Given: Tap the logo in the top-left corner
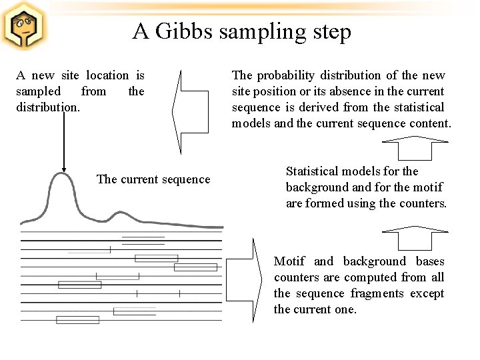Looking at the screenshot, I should click(x=23, y=26).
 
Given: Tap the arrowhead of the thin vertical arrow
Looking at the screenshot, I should click(x=63, y=169).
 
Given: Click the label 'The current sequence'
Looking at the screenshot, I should click(x=153, y=179).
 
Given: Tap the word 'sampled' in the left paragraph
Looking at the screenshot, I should click(x=38, y=91).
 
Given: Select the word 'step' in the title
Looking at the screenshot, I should click(x=330, y=31).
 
